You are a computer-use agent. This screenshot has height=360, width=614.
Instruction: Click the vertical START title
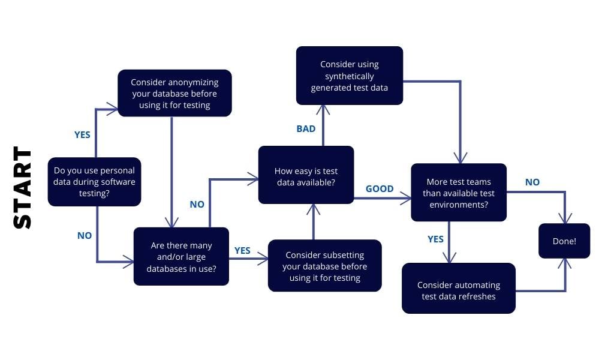pos(23,187)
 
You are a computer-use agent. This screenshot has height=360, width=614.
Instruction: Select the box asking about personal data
pos(95,182)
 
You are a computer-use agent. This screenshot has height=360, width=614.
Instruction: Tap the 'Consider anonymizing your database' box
pos(174,93)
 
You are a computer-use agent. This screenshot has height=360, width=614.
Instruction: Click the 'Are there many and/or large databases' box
pos(181,256)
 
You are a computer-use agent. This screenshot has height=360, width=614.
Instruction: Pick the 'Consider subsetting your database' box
pos(324,266)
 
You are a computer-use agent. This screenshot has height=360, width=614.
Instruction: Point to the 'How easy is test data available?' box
pos(306,175)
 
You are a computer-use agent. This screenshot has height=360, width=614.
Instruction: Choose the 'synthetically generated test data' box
pos(349,76)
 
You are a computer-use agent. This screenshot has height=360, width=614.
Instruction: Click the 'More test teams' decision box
pos(458,192)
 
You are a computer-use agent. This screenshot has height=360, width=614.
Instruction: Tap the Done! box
pos(564,241)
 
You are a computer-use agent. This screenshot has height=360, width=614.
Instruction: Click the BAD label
pos(306,128)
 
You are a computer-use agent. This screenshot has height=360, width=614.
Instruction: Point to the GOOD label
pos(380,188)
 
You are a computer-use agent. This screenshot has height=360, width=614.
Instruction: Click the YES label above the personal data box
pos(82,134)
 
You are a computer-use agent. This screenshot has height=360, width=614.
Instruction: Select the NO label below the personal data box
pos(85,235)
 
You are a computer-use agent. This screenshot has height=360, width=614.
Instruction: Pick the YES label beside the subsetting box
pos(242,250)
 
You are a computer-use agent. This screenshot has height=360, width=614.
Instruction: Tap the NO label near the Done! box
pos(532,182)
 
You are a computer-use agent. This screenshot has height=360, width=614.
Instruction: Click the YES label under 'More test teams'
pos(436,239)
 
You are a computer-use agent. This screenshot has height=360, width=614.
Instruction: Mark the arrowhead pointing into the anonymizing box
pos(113,109)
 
